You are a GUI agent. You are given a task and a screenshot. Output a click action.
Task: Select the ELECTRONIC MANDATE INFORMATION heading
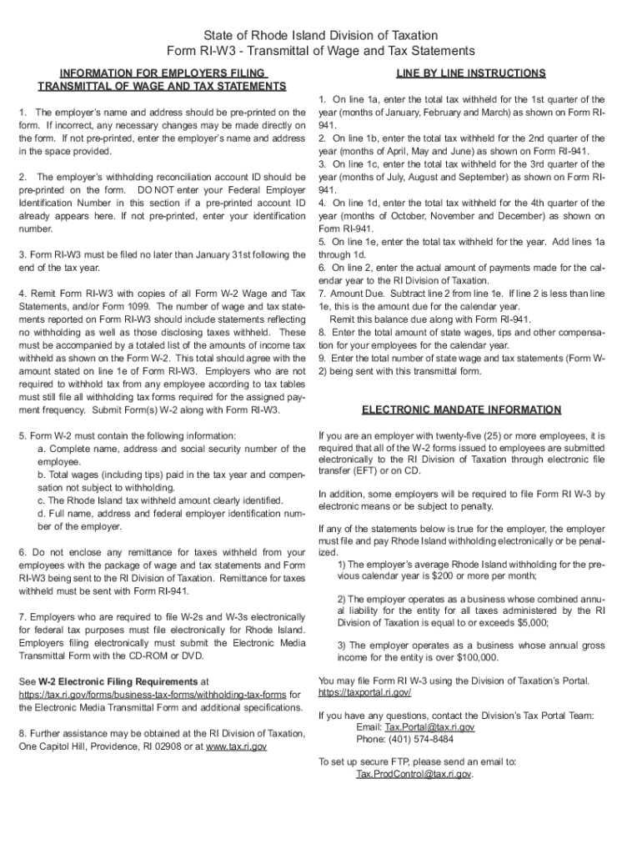click(461, 410)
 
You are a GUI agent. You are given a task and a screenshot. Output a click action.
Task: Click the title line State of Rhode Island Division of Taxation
click(321, 36)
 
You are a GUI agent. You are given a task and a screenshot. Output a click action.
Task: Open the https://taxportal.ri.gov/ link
click(365, 693)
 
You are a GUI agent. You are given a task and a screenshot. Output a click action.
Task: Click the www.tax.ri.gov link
click(236, 747)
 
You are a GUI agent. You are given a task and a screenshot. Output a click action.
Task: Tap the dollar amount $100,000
click(474, 658)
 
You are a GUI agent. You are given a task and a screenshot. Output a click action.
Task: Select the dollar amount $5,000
click(529, 622)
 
